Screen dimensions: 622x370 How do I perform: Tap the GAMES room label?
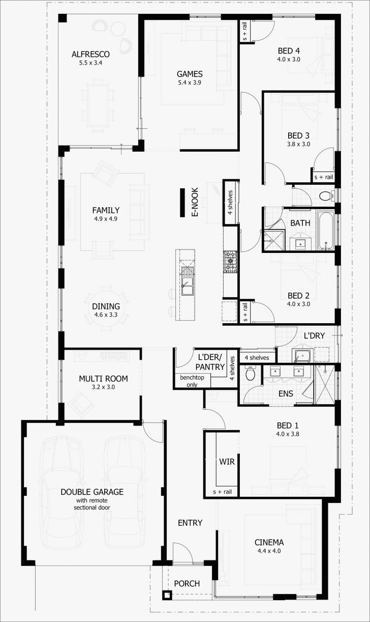point(190,74)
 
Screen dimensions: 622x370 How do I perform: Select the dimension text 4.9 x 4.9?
point(106,219)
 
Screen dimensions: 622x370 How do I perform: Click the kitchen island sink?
point(186,288)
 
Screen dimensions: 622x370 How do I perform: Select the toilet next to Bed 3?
point(325,195)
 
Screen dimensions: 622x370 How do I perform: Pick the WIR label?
point(226,462)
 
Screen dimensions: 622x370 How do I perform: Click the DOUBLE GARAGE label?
point(91,492)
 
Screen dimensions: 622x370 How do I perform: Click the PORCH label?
point(187,583)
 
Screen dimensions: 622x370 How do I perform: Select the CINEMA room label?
point(269,542)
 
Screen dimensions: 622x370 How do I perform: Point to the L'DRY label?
point(314,336)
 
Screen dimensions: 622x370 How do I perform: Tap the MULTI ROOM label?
point(103,379)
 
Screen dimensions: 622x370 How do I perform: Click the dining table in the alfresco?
point(98,105)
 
